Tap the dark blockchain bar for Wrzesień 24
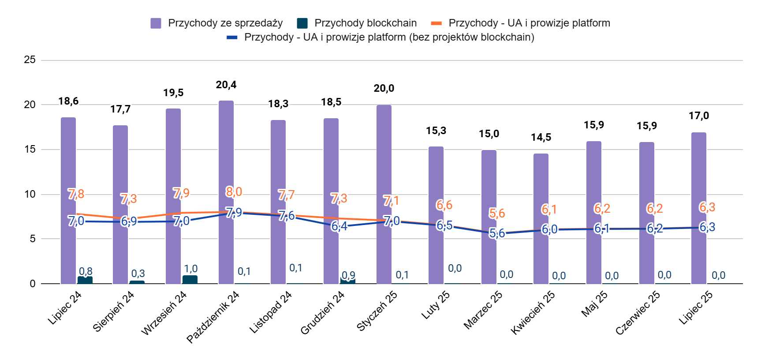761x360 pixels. (x=190, y=280)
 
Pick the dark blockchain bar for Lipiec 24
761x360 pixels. (x=85, y=280)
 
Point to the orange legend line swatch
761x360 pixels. (x=436, y=23)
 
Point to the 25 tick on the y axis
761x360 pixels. (x=30, y=60)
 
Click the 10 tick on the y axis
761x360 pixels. (x=30, y=194)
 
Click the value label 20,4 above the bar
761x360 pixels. (x=226, y=85)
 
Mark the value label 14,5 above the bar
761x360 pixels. (x=541, y=137)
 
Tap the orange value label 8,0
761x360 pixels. (x=234, y=191)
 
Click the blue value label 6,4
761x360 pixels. (x=339, y=226)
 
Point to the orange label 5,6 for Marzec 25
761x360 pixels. (x=497, y=213)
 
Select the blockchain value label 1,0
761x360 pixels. (x=190, y=269)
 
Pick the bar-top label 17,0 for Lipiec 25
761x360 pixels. (x=699, y=116)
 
